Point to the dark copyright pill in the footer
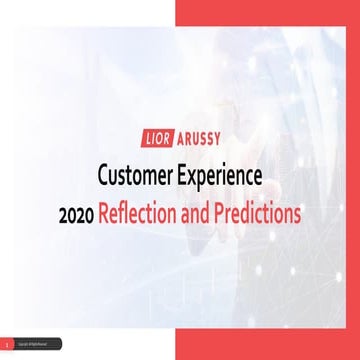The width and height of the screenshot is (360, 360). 37,344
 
